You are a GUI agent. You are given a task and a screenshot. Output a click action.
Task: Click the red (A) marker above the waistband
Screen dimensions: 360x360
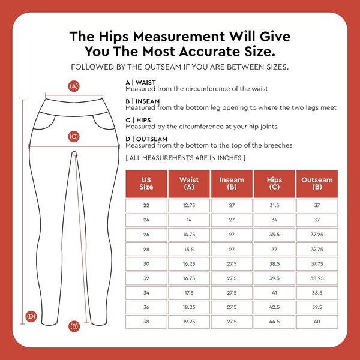74,86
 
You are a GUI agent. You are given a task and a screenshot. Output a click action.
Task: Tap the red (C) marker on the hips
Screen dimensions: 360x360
74,137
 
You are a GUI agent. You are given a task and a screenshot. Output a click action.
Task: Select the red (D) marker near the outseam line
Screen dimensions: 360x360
31,316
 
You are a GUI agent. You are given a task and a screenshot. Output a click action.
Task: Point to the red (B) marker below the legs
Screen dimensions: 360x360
74,326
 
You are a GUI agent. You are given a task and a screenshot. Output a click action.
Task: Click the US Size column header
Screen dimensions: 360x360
146,184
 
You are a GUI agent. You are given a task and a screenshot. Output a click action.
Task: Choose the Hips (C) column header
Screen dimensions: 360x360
274,184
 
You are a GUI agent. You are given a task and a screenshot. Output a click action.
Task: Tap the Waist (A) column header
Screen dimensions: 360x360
189,184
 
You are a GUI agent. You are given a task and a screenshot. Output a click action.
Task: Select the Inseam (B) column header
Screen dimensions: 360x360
232,184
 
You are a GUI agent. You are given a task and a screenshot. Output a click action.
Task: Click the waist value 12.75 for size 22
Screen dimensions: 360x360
189,205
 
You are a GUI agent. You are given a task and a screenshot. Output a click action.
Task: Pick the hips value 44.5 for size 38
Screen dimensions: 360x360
274,322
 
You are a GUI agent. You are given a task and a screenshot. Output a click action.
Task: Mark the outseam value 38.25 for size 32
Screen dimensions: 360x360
317,278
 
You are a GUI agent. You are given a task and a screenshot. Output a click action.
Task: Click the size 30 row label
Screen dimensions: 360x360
146,263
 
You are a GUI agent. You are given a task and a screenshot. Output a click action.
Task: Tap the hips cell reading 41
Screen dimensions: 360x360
274,293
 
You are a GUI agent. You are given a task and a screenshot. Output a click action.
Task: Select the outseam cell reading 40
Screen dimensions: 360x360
317,322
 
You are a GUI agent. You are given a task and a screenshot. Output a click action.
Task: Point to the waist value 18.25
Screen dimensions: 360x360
189,307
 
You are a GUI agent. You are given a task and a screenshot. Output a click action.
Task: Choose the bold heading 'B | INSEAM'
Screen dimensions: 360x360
143,101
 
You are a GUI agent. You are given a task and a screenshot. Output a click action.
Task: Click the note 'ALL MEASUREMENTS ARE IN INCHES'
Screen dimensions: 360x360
185,158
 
